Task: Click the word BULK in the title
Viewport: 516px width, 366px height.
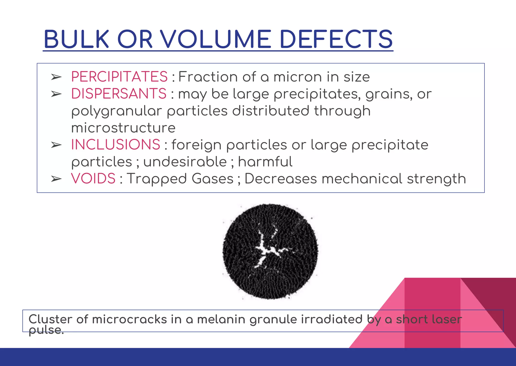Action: [76, 39]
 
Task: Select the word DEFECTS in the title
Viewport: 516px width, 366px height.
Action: [336, 39]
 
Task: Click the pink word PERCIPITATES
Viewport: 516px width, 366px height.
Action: [119, 77]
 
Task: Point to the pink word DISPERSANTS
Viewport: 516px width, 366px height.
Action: [119, 94]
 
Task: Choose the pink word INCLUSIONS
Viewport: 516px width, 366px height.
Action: [115, 145]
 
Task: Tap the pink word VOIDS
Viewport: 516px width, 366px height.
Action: [93, 179]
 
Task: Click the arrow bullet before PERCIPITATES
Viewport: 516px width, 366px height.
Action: [56, 77]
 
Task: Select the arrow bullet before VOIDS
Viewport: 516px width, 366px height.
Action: [56, 179]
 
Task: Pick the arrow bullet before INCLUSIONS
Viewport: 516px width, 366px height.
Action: [56, 145]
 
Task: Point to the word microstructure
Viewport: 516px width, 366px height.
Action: [123, 128]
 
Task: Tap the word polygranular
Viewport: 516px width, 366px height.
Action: [116, 111]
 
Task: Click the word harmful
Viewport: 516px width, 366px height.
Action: [265, 162]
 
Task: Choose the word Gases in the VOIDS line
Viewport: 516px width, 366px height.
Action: [213, 179]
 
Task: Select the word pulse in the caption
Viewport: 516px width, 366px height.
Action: [45, 330]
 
